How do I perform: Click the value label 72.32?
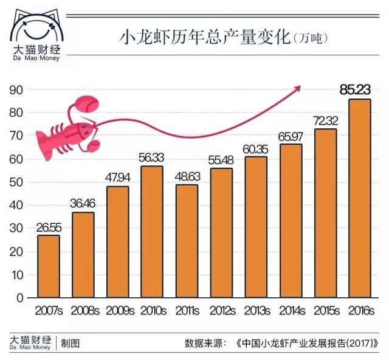[325, 120]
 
